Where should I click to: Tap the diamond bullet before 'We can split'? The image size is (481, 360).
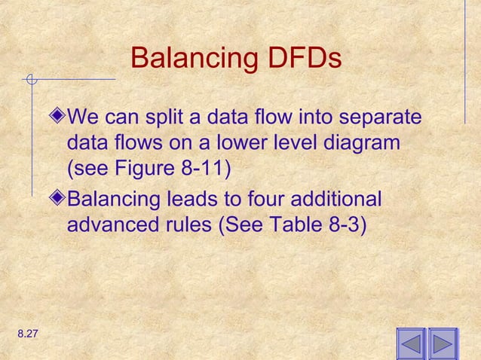point(59,117)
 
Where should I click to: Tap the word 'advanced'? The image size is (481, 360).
point(107,224)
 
